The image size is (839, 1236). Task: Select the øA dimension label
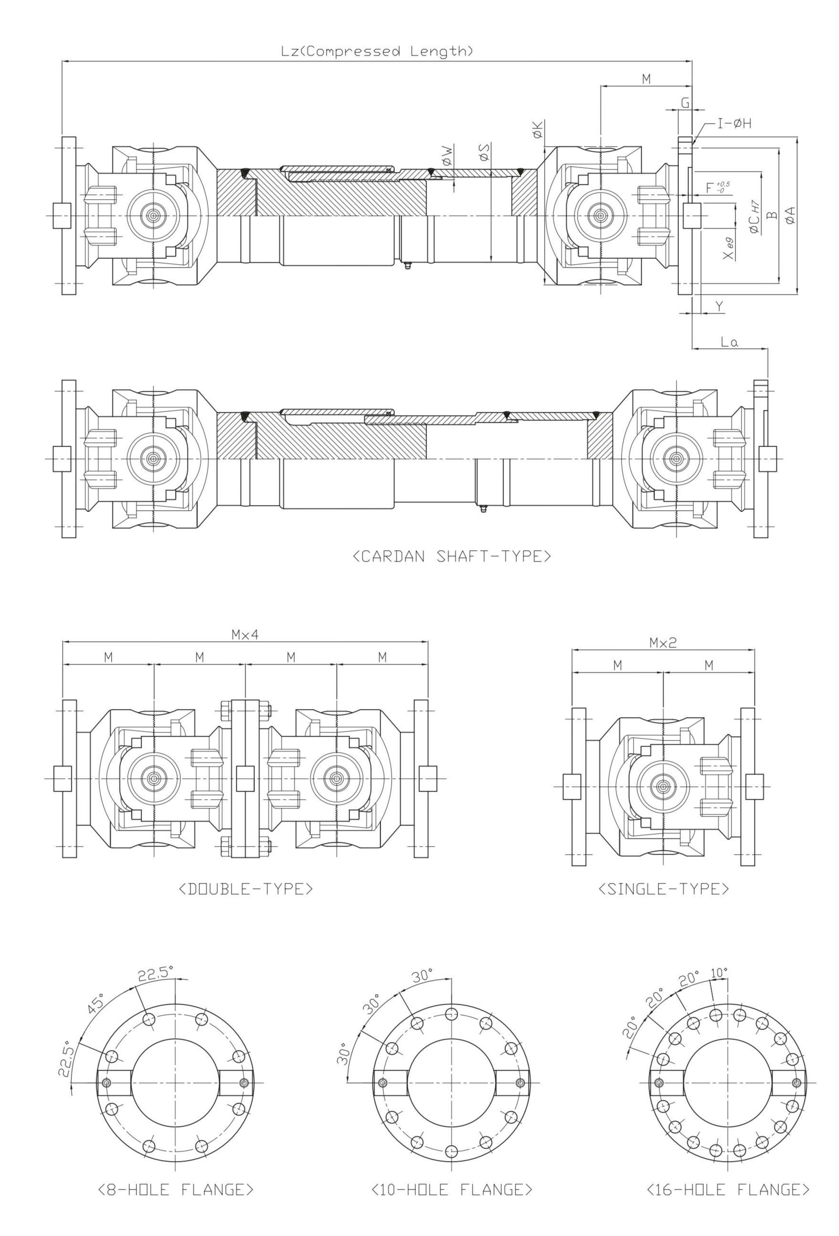[791, 215]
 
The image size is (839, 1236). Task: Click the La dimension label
[729, 342]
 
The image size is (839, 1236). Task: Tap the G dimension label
[685, 103]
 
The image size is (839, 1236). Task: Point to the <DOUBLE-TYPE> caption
[246, 889]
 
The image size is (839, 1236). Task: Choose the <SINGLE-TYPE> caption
[663, 889]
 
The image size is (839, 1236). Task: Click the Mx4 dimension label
[245, 634]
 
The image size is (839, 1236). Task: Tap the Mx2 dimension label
[663, 643]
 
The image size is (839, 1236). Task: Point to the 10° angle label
[719, 973]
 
